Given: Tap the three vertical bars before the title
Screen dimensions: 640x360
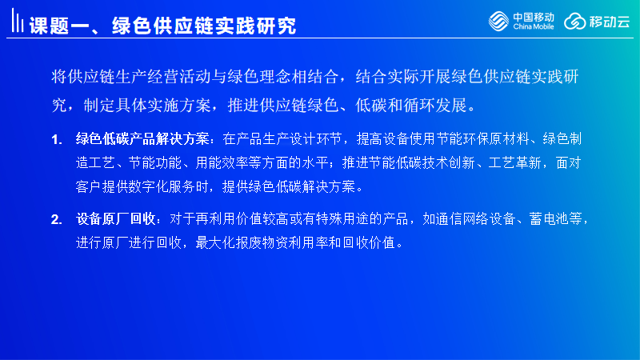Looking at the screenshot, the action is click(x=17, y=21).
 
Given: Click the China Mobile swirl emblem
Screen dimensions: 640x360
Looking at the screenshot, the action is click(x=498, y=21).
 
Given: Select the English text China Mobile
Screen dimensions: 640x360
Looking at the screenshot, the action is click(x=534, y=27).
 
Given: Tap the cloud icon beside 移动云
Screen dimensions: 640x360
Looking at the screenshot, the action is click(x=574, y=22).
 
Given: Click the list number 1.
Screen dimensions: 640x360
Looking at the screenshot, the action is click(x=56, y=140).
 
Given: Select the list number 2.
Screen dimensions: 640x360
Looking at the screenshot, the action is click(x=56, y=220).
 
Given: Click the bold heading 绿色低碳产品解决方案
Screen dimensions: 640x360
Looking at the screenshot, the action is click(x=142, y=139).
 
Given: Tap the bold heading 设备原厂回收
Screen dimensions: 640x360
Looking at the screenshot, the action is click(x=116, y=219).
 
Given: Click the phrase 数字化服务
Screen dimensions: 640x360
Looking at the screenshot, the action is click(x=162, y=187).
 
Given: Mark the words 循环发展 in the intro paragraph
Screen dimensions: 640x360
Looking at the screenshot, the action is click(x=435, y=106).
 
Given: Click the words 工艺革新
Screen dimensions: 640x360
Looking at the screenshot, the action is click(x=515, y=163).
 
